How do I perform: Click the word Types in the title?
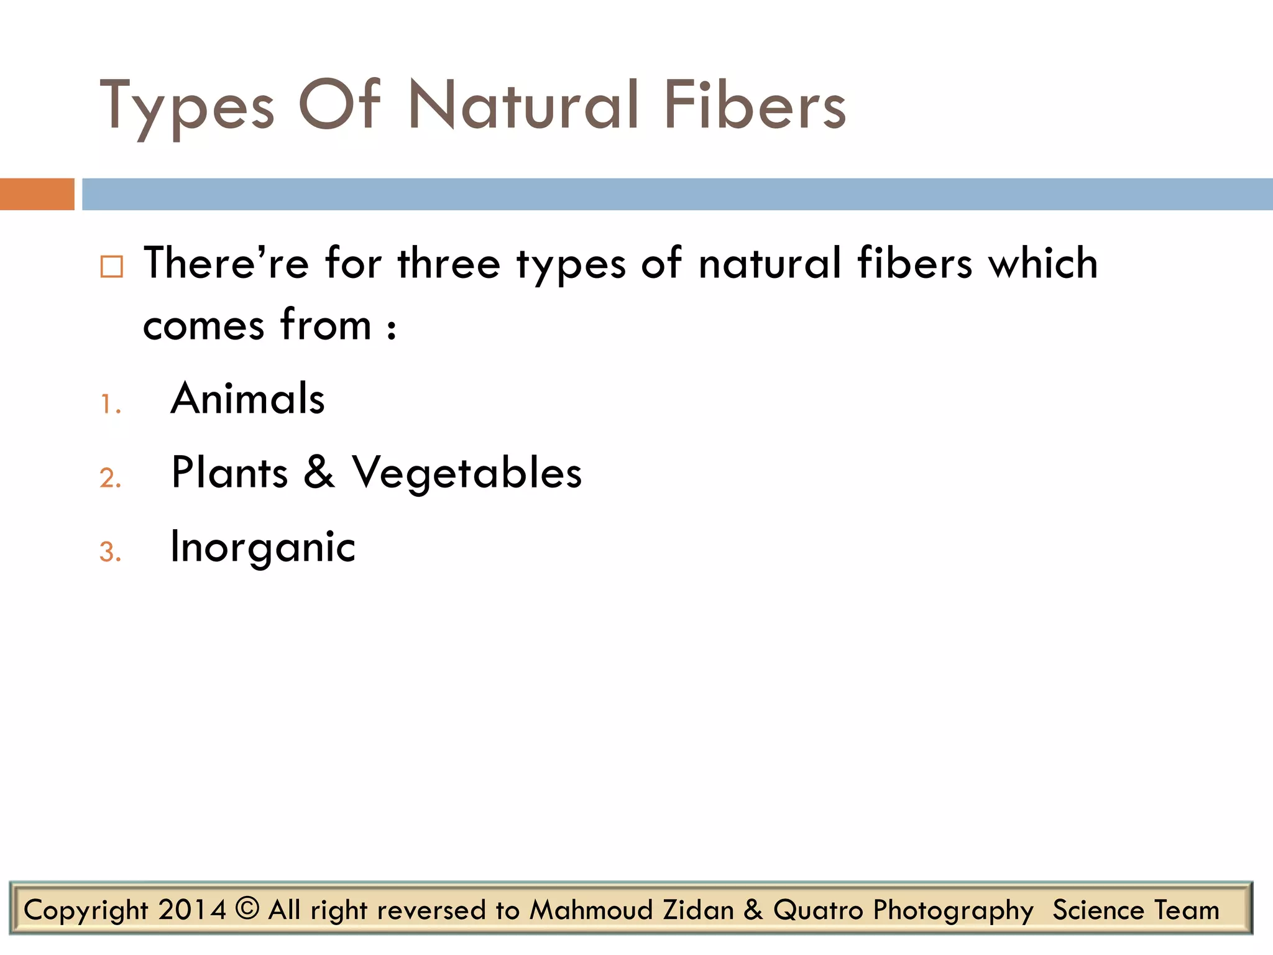tap(186, 106)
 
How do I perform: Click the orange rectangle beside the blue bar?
tap(37, 194)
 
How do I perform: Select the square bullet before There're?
tap(112, 267)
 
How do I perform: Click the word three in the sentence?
tap(449, 263)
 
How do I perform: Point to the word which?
tap(1044, 263)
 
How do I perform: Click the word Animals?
tap(248, 399)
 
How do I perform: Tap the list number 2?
tap(109, 478)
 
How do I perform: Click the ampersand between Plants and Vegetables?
tap(319, 472)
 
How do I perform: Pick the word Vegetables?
tap(467, 474)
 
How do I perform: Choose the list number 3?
tap(109, 552)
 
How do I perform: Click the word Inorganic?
tap(263, 548)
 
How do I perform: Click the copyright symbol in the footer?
tap(247, 908)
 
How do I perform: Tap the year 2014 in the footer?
tap(191, 910)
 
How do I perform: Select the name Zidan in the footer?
tap(699, 910)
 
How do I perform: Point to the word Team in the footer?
tap(1187, 910)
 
